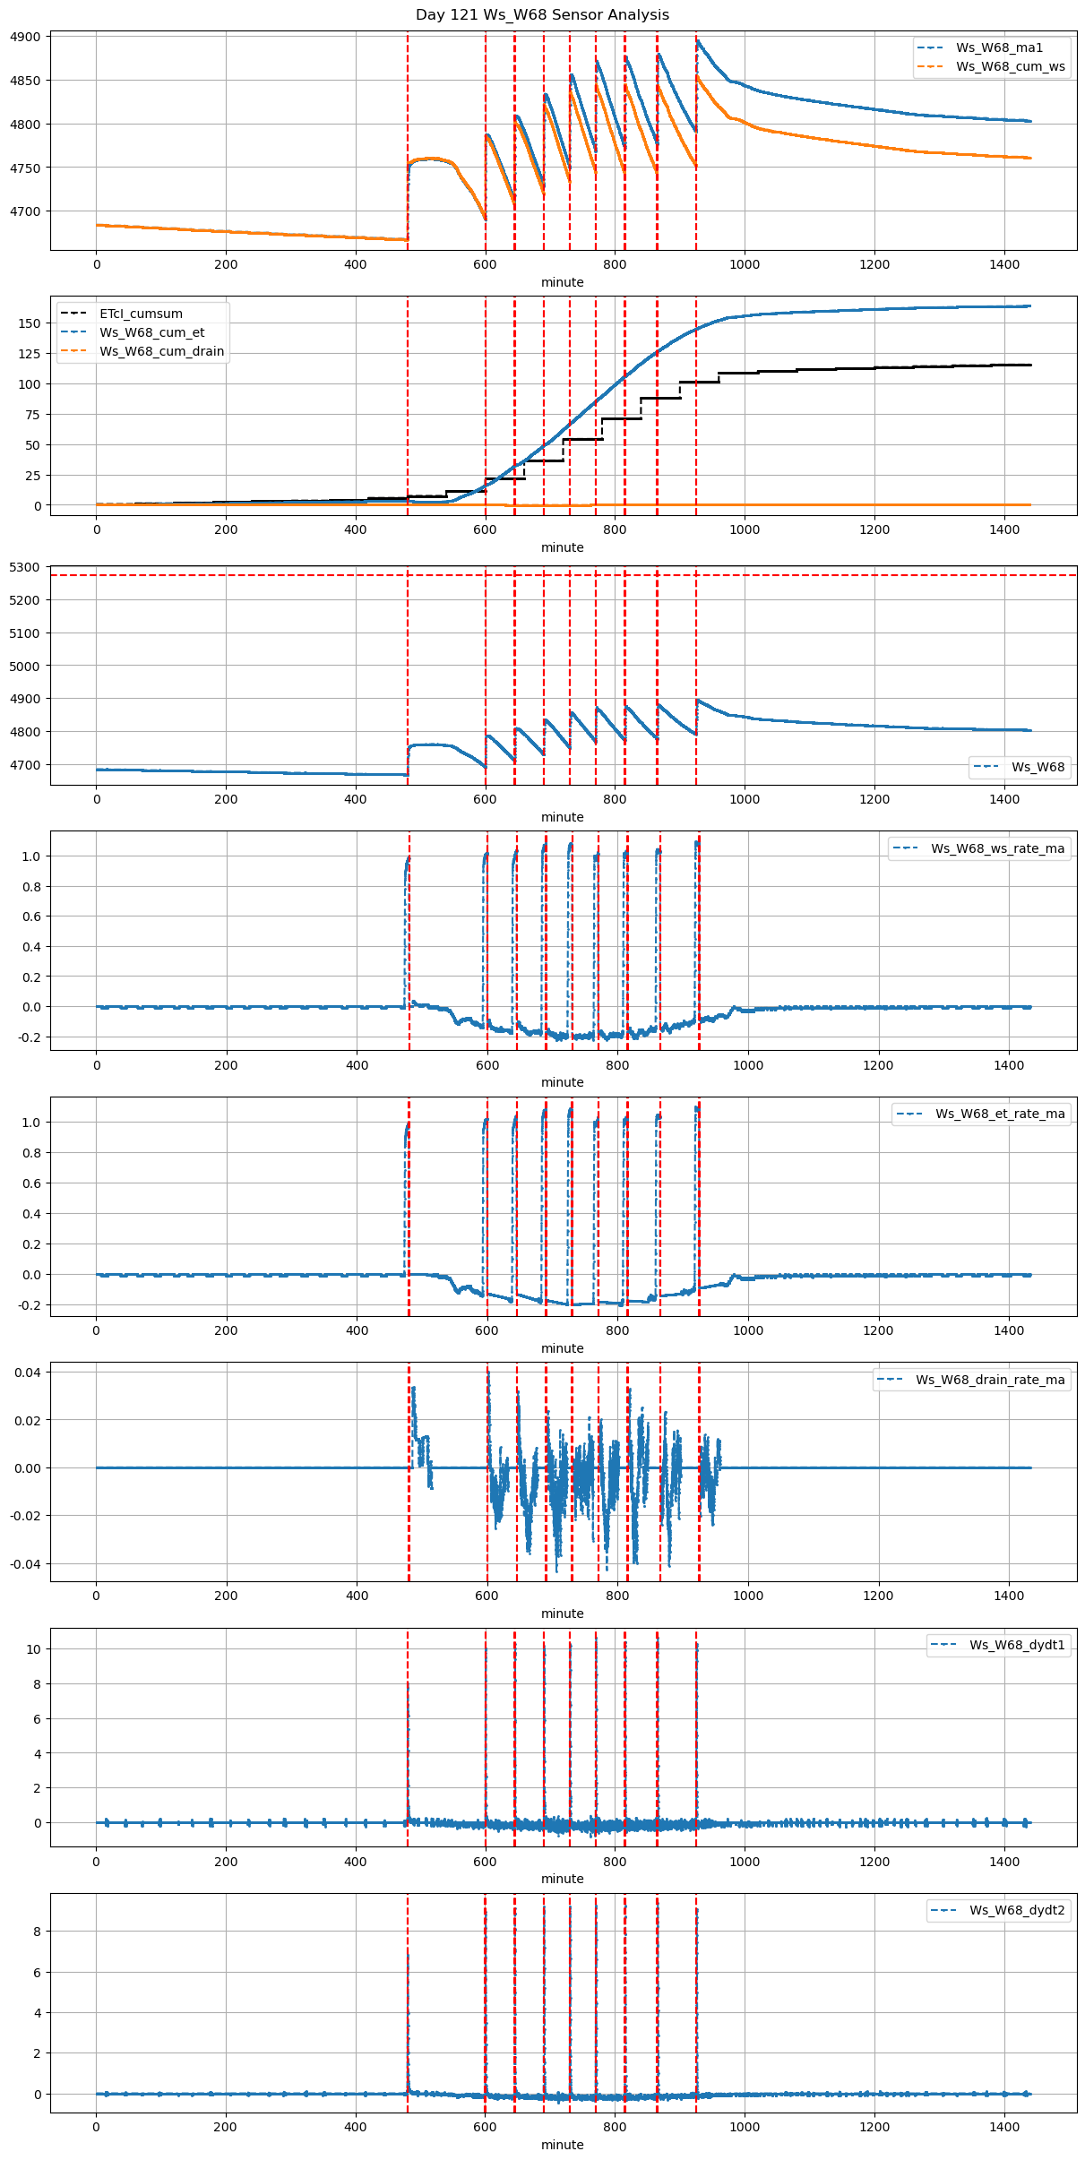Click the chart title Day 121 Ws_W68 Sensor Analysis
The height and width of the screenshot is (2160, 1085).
(542, 14)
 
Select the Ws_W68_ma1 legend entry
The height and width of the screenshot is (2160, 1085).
(999, 47)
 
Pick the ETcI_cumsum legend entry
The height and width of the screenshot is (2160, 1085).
(141, 314)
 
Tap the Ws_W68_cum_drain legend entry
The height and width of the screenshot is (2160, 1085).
(161, 351)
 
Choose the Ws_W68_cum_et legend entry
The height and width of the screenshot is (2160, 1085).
(151, 332)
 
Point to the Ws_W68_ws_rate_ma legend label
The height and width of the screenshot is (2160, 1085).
(997, 848)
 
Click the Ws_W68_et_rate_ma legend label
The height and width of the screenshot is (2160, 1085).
(1000, 1114)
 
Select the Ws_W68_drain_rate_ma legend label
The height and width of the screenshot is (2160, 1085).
(990, 1380)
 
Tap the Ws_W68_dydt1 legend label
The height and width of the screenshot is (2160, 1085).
(1017, 1645)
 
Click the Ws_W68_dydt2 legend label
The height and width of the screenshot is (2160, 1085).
(1017, 1910)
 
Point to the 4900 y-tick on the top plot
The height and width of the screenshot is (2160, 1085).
(25, 37)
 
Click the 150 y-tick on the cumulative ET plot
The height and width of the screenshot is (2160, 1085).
(30, 323)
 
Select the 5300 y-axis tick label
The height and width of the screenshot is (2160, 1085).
(25, 567)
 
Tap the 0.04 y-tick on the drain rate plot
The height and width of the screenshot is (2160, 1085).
(27, 1373)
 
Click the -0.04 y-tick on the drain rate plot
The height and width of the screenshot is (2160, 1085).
(24, 1564)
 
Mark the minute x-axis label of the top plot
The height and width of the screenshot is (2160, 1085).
(562, 282)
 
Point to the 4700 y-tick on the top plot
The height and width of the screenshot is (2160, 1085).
(25, 211)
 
